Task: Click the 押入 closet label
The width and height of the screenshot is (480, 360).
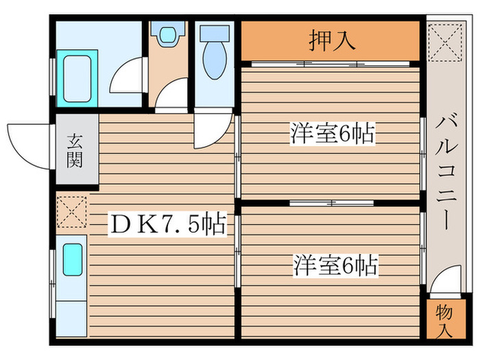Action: click(x=333, y=41)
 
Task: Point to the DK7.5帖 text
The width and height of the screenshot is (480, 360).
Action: click(x=167, y=224)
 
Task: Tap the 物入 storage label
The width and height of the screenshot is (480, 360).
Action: click(x=444, y=321)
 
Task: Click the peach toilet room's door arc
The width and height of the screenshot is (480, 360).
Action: click(x=172, y=95)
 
